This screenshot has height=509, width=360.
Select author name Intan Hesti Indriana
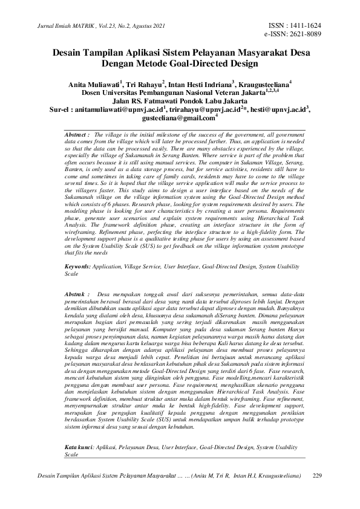pos(203,82)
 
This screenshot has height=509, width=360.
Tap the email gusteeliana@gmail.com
pos(180,118)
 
